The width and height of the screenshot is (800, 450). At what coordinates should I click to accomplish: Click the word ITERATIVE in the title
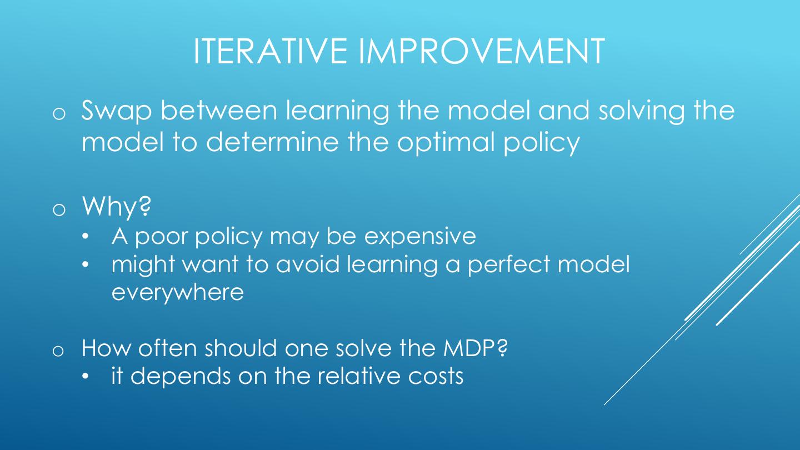[x=270, y=51]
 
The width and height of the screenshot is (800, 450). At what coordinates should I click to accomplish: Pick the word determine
[x=272, y=142]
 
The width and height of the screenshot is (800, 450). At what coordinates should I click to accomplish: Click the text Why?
[x=117, y=207]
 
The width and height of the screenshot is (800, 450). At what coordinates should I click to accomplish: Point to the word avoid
[x=308, y=264]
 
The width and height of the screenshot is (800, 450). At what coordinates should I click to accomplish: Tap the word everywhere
[x=178, y=293]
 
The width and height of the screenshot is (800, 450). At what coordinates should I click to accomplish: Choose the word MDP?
[x=475, y=348]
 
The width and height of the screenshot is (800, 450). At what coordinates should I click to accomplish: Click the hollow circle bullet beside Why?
[x=59, y=210]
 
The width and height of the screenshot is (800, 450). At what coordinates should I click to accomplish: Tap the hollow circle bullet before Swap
[x=59, y=114]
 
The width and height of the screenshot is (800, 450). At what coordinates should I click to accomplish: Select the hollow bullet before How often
[x=58, y=351]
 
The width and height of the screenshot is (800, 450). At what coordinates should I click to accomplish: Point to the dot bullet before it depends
[x=85, y=376]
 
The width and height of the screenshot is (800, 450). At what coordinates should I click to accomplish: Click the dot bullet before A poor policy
[x=85, y=237]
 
